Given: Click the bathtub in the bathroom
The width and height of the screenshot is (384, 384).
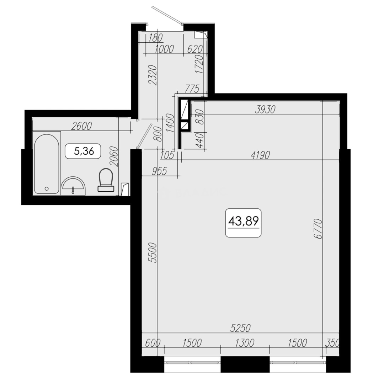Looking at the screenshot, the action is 47,164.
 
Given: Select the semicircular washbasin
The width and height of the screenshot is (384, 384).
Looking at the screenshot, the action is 73,186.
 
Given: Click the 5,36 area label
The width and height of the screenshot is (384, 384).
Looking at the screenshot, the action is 84,151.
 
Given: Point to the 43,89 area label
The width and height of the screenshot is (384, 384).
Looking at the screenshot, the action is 244,222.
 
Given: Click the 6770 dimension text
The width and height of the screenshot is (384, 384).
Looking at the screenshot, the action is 318,229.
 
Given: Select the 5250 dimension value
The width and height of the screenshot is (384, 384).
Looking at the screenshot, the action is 240,328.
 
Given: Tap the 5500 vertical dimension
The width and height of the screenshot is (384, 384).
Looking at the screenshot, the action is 153,252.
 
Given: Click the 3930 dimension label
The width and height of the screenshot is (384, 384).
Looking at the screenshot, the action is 265,110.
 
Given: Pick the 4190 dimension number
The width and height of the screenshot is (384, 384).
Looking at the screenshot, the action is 260,155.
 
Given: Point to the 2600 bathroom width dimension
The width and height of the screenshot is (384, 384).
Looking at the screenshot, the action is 81,126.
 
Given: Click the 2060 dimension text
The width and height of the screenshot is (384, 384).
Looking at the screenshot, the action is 114,156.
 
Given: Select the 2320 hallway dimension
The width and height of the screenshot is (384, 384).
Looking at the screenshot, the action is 153,75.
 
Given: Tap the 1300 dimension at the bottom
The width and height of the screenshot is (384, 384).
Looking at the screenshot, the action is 245,343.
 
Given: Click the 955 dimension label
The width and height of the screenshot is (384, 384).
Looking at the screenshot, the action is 159,171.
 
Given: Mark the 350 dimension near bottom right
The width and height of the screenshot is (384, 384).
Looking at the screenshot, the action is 332,343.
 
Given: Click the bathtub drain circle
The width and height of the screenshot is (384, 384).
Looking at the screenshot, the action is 47,188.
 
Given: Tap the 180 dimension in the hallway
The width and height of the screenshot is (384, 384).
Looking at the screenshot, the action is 155,38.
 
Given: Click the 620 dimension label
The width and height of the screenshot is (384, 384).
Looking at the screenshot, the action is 195,49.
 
